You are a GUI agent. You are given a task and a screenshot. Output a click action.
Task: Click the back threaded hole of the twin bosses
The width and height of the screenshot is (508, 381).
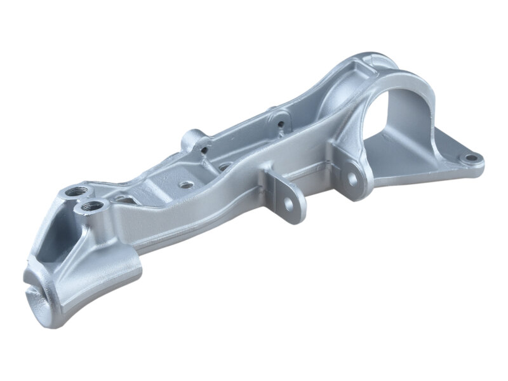coord(77,191)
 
